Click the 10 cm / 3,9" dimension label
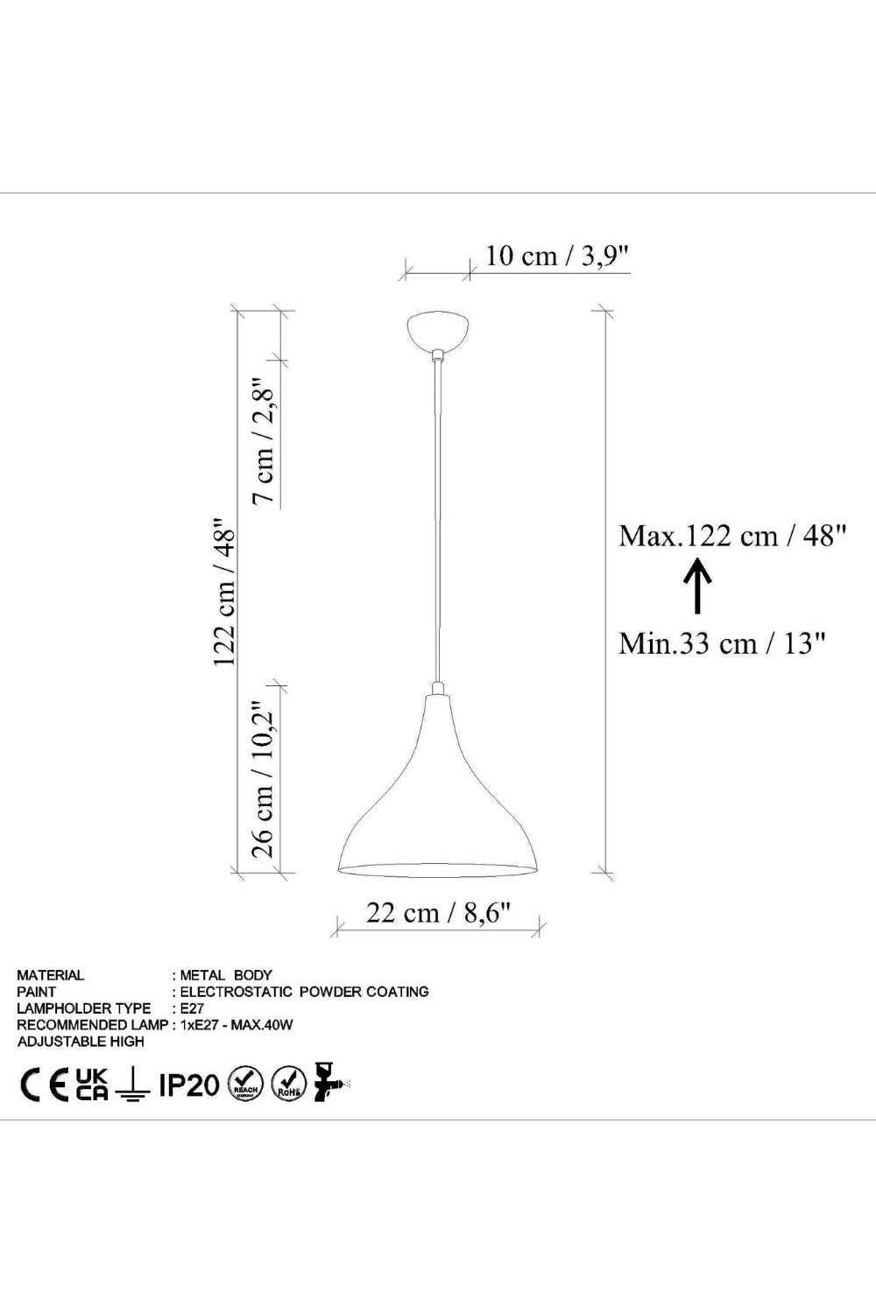click(x=557, y=256)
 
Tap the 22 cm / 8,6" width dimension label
click(x=438, y=913)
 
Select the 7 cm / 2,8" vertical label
click(x=264, y=439)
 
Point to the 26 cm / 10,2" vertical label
click(x=264, y=780)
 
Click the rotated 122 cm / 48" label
click(x=224, y=591)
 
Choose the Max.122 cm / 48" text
click(x=733, y=535)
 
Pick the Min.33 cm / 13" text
click(x=723, y=643)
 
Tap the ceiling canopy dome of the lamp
click(x=438, y=332)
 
